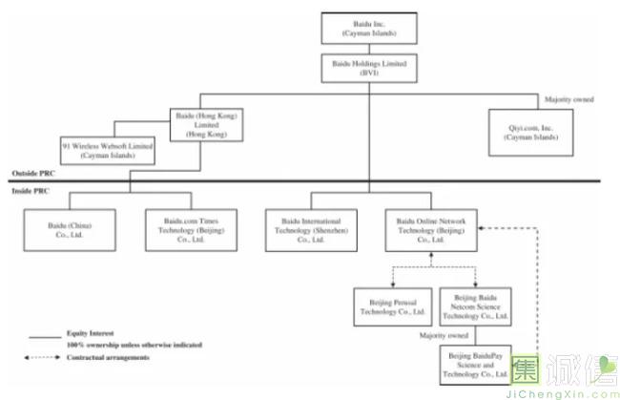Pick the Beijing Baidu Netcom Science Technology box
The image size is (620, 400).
pyautogui.click(x=474, y=305)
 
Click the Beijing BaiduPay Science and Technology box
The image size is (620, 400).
pyautogui.click(x=474, y=366)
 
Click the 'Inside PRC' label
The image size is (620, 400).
pyautogui.click(x=32, y=191)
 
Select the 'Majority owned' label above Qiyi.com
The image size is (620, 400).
pyautogui.click(x=570, y=99)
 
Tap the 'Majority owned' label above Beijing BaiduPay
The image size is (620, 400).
pyautogui.click(x=445, y=335)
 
